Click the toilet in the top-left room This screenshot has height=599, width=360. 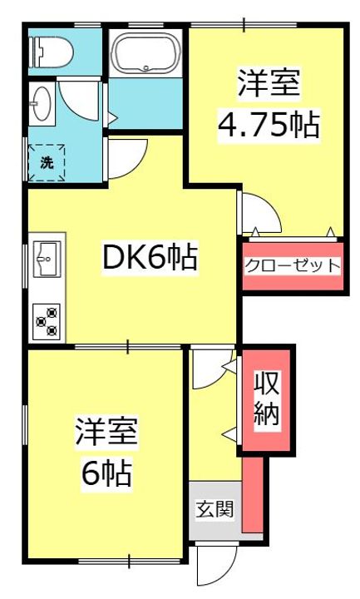click(51, 52)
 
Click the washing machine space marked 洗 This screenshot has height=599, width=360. click(47, 163)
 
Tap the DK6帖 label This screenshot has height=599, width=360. click(150, 258)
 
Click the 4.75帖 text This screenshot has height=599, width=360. click(269, 125)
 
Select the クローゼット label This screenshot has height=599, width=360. click(292, 266)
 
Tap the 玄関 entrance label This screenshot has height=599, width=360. click(215, 508)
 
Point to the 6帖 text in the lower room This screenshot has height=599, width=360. click(107, 473)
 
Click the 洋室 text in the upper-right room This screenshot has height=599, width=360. click(269, 82)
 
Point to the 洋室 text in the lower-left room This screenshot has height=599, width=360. click(106, 432)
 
